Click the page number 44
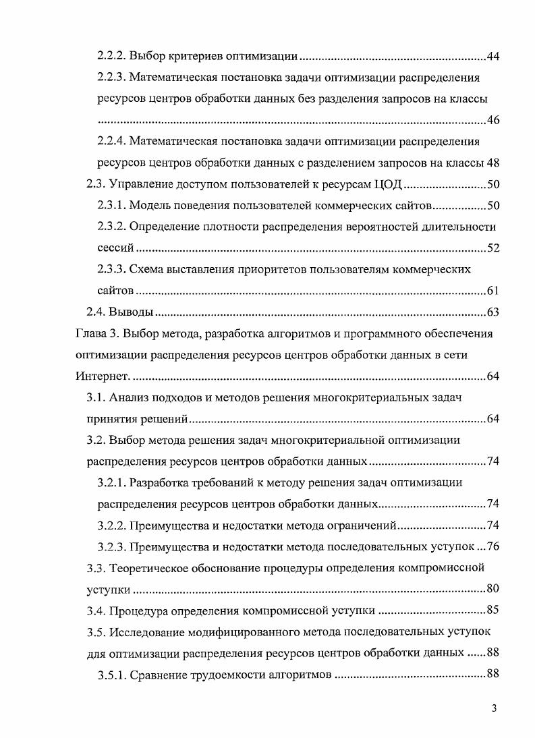click(492, 55)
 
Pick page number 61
click(492, 291)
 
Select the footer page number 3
click(495, 708)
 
